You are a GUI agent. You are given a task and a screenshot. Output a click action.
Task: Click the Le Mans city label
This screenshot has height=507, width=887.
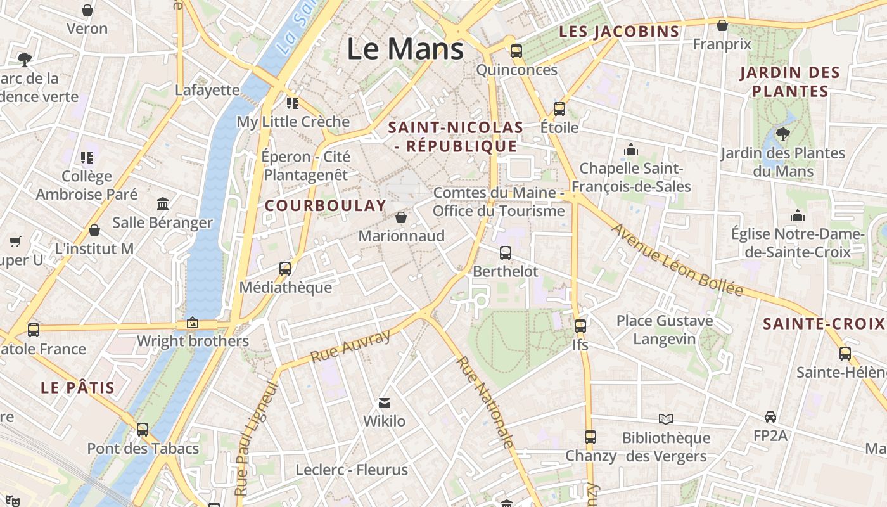[405, 49]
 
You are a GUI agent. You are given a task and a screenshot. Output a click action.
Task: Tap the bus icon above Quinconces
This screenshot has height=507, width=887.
[516, 51]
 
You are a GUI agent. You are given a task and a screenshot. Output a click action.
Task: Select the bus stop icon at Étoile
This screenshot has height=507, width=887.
[559, 108]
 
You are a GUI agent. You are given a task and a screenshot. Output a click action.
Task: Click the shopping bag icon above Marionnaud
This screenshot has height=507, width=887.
[400, 217]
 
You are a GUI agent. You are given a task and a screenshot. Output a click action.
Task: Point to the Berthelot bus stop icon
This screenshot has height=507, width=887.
[505, 253]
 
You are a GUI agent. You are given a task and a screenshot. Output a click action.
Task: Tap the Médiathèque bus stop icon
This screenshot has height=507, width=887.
[285, 269]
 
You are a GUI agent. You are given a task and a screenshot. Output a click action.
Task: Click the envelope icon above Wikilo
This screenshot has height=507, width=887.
[384, 402]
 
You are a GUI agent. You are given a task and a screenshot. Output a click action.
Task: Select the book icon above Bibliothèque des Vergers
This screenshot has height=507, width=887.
[665, 419]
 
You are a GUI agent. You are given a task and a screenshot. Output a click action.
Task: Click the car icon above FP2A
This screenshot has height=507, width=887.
[770, 417]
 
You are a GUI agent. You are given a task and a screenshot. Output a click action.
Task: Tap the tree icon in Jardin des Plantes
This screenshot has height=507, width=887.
[783, 134]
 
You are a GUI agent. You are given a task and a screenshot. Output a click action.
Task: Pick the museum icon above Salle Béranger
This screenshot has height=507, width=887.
[163, 204]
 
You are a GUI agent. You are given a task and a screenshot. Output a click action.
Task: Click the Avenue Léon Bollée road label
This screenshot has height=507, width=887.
[676, 260]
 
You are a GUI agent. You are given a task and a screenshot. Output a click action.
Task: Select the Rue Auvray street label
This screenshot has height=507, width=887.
[350, 347]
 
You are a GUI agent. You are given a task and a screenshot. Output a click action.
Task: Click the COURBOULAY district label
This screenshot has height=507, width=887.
[325, 205]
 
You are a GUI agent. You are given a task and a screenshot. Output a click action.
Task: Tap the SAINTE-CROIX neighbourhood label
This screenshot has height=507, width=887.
[823, 324]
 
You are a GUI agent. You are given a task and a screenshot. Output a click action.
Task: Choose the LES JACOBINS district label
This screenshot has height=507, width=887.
[619, 31]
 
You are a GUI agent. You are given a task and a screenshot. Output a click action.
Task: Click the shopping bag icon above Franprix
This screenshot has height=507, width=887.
[722, 25]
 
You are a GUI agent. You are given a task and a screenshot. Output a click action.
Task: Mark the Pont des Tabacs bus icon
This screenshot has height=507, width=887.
[143, 430]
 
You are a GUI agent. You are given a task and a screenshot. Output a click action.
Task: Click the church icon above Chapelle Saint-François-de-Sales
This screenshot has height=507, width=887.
[630, 150]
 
